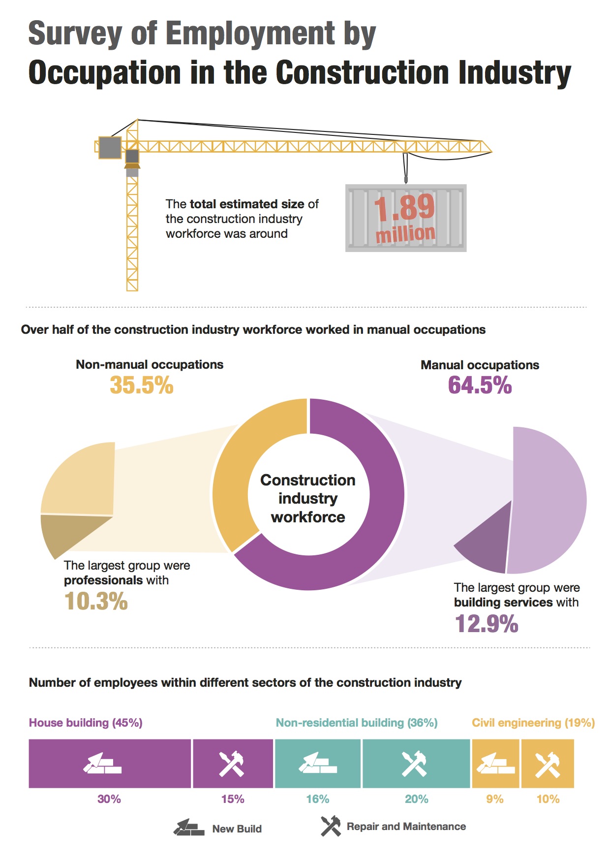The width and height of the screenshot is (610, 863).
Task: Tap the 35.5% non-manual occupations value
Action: click(x=142, y=385)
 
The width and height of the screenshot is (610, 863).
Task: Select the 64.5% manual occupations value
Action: click(x=480, y=385)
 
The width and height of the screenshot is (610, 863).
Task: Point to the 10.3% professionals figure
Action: click(x=96, y=602)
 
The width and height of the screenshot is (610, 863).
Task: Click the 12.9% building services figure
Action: click(x=487, y=624)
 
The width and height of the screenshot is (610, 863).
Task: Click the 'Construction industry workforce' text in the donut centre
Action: click(x=308, y=498)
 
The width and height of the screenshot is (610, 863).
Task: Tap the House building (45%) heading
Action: click(x=86, y=723)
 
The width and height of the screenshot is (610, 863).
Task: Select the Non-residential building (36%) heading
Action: click(x=357, y=723)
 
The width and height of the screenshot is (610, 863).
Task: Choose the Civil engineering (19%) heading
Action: click(x=533, y=723)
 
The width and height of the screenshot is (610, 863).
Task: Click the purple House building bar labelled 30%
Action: click(x=109, y=764)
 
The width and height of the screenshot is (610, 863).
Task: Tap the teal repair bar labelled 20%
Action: click(x=416, y=764)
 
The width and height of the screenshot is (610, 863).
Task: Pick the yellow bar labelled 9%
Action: click(x=495, y=764)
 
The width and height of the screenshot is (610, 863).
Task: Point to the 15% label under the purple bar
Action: click(x=233, y=799)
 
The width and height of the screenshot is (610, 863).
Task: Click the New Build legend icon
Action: click(x=189, y=828)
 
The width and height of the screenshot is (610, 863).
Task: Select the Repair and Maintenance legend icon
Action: click(x=331, y=826)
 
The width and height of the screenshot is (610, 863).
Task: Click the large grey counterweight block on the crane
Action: click(x=110, y=147)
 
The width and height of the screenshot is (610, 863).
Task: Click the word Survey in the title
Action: click(x=74, y=33)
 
